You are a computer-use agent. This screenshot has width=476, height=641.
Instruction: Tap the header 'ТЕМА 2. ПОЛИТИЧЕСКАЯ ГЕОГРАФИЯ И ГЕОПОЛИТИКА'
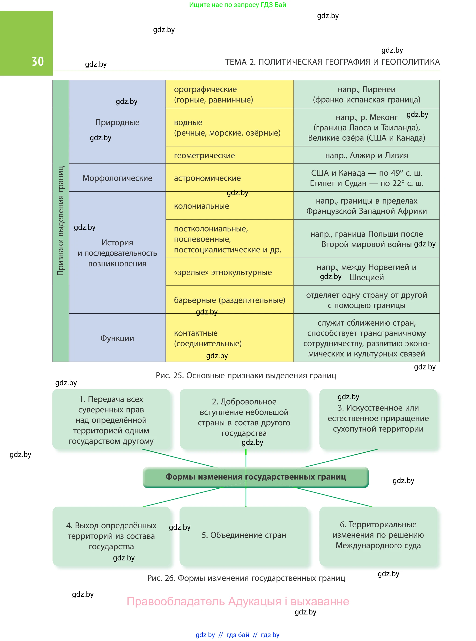tap(332, 62)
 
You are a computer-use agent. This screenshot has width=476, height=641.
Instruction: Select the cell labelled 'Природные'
tap(117, 122)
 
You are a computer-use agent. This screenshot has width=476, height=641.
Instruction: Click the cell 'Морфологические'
tap(117, 178)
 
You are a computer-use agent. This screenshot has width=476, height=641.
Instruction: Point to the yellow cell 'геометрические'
tap(230, 155)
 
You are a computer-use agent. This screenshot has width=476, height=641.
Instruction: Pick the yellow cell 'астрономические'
tap(230, 178)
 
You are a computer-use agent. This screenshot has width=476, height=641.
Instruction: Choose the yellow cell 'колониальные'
tap(230, 206)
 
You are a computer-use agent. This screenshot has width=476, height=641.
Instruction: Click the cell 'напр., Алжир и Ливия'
tap(366, 155)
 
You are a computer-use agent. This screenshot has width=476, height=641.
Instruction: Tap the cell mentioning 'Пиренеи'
tap(366, 94)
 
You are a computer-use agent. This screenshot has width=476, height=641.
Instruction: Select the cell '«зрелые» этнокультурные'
tap(230, 272)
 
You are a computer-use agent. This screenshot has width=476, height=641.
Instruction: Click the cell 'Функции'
tap(117, 338)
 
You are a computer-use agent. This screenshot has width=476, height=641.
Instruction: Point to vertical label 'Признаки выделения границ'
tap(61, 221)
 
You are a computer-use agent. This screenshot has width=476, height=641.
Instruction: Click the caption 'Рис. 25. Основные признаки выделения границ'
tap(246, 375)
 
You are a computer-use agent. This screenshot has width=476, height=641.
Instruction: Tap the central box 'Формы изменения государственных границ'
tap(256, 477)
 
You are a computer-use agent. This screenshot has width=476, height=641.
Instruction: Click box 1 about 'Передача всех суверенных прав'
tap(111, 419)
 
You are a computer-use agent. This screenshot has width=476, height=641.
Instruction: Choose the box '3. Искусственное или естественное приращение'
tap(378, 419)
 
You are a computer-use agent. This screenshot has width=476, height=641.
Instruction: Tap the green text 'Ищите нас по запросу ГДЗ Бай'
tap(237, 5)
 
